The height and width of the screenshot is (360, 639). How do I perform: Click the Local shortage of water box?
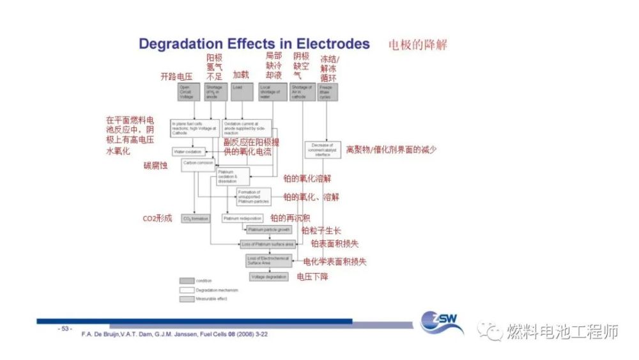273,91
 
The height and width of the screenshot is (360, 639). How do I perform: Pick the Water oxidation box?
188,152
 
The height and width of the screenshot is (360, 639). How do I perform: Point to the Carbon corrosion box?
198,164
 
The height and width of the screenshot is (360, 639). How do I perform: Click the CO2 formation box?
196,219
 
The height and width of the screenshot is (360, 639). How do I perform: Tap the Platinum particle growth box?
269,229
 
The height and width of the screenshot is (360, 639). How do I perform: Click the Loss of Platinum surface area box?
268,244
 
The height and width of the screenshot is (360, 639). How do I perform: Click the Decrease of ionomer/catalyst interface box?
323,150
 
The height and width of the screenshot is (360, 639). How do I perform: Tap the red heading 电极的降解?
418,44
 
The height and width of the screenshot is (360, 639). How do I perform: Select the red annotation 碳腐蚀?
155,166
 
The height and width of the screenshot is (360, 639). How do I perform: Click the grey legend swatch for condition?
187,281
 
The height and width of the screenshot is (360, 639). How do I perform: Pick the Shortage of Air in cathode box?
302,91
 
